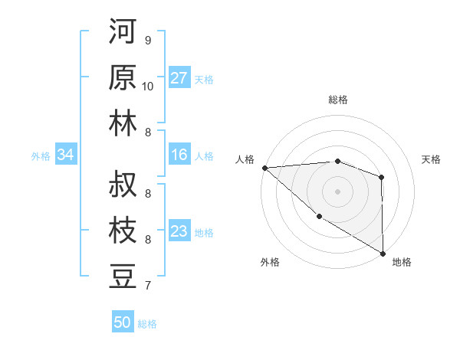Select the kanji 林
click(123, 123)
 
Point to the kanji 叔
click(123, 185)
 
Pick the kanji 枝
click(123, 231)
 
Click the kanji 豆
click(123, 276)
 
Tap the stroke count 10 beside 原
click(148, 86)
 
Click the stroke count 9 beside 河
click(147, 40)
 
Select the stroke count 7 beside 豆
click(147, 286)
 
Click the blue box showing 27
click(179, 78)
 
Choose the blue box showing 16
click(179, 155)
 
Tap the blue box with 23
click(179, 231)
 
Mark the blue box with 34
click(65, 155)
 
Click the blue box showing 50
click(122, 322)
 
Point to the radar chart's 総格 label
click(337, 100)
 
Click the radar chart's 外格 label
click(270, 263)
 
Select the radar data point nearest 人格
click(264, 167)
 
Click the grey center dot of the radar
click(337, 190)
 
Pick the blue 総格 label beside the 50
click(147, 324)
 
